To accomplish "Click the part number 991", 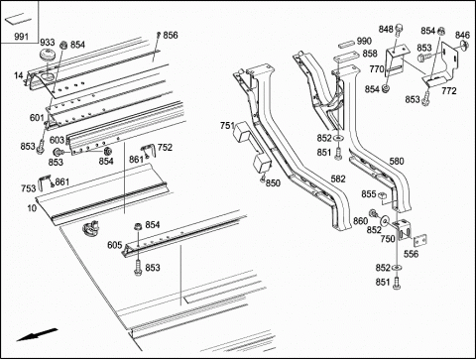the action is pyautogui.click(x=21, y=36).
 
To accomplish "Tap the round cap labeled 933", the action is pyautogui.click(x=49, y=54).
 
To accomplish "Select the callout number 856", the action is pyautogui.click(x=171, y=35).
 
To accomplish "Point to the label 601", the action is pyautogui.click(x=37, y=117).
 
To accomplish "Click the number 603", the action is pyautogui.click(x=57, y=140).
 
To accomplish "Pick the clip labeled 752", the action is pyautogui.click(x=148, y=150).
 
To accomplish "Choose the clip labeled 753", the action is pyautogui.click(x=45, y=182).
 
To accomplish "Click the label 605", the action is pyautogui.click(x=115, y=245).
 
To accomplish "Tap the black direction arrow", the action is pyautogui.click(x=37, y=334).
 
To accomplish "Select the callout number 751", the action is pyautogui.click(x=227, y=126).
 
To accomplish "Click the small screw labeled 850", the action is pyautogui.click(x=263, y=180).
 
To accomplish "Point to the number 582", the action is pyautogui.click(x=338, y=179).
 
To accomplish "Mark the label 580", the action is pyautogui.click(x=397, y=161).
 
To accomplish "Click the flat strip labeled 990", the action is pyautogui.click(x=346, y=44).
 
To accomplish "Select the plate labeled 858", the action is pyautogui.click(x=344, y=58).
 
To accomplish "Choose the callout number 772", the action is pyautogui.click(x=448, y=90).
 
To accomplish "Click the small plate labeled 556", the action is pyautogui.click(x=419, y=240).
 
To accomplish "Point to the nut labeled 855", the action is pyautogui.click(x=383, y=195).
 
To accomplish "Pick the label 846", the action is pyautogui.click(x=462, y=35).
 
